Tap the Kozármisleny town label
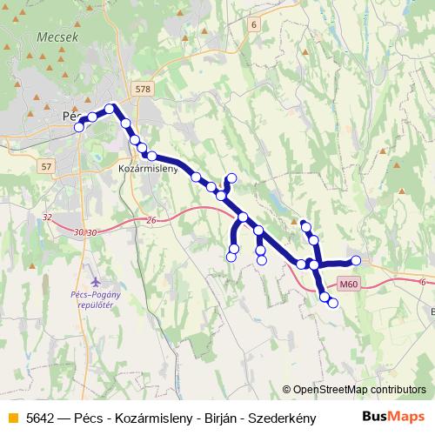pos(147,168)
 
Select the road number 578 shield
pos(144,89)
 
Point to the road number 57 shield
pos(47,165)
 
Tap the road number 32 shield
pos(47,217)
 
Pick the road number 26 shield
pos(151,220)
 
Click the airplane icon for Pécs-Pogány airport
pos(95,283)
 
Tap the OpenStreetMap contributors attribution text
pos(359,390)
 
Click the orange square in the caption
pos(11,418)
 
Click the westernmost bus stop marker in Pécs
pos(79,127)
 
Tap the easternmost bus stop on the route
pos(356,259)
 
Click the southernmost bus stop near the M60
pos(333,302)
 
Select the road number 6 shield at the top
pos(253,25)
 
